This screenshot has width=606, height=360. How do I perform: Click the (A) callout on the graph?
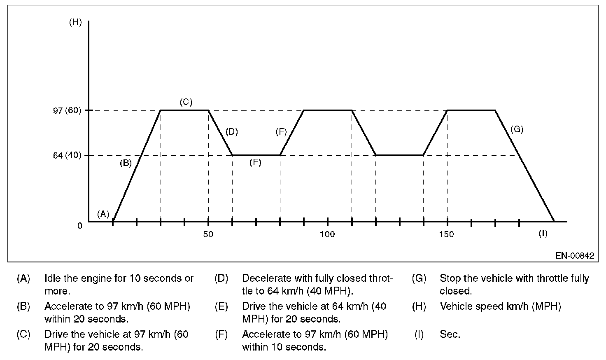103,214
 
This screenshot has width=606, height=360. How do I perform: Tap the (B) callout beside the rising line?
126,163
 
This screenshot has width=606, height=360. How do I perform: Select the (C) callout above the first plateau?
186,102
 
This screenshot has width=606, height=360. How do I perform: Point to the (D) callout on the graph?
232,132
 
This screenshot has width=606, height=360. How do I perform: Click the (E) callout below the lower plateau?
255,163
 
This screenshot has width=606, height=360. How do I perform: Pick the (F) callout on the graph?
281,132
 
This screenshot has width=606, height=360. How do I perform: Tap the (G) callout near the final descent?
517,129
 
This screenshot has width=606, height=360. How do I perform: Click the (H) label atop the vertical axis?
75,23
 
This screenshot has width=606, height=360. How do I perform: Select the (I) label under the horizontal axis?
543,234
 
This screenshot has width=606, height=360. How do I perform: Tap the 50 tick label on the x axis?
208,234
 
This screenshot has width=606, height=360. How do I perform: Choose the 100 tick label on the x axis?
328,234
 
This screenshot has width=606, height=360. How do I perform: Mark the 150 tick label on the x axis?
447,234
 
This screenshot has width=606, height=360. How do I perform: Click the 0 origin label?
80,226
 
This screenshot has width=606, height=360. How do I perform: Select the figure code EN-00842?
575,255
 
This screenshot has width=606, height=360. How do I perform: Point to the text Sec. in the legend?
450,334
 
